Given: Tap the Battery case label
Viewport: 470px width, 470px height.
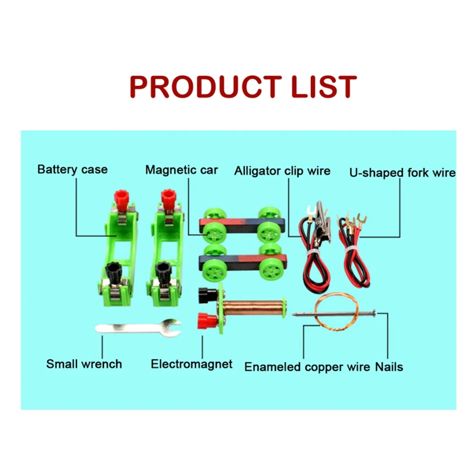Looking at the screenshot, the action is coord(72,170).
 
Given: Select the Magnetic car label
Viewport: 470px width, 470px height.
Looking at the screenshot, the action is coord(182,170).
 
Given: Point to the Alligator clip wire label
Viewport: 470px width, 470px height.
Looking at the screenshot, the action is coord(282,171).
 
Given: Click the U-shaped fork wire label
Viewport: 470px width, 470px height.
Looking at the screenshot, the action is coord(402,173).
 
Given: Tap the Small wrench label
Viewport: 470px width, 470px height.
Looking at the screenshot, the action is coord(84,364).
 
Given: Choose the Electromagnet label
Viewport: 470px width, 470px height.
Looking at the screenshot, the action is coord(192,364).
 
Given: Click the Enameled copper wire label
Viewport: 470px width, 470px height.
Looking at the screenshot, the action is coord(307,367).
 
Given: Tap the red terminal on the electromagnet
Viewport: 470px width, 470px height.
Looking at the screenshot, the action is coord(208,321).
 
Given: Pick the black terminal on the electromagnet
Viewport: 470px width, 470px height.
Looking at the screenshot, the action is coord(208,293).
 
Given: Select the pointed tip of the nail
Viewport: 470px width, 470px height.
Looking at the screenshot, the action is coord(295,315).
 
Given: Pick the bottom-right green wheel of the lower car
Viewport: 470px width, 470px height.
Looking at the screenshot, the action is coord(271,268).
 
